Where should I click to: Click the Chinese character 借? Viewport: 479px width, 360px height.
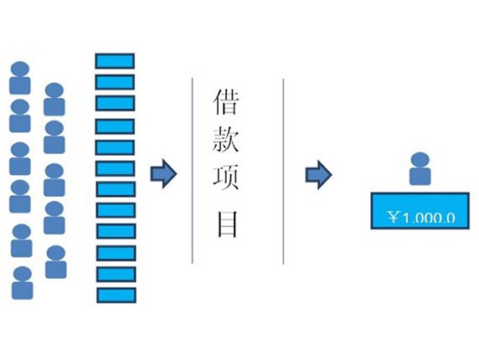coord(226,101)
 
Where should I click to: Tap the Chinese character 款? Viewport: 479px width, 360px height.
coord(226,140)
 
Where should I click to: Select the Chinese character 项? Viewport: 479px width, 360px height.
coord(226,177)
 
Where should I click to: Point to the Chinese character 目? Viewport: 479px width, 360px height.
coord(227,224)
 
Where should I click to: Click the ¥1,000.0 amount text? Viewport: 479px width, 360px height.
coord(422,218)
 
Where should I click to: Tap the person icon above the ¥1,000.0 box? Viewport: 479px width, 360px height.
coord(420,168)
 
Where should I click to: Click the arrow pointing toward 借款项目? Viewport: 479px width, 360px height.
coord(163,174)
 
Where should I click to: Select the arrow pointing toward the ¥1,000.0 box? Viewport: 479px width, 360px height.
coord(318,175)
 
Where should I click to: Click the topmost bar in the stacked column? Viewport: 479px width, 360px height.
coord(115,61)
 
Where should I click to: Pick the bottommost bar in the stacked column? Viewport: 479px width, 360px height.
coord(116,296)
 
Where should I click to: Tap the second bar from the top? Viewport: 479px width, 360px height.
coord(115,82)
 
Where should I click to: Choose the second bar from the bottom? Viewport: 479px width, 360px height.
coord(116,275)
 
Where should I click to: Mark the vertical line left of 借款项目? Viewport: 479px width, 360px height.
coord(192,171)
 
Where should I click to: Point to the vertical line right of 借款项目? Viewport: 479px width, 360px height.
coord(283,172)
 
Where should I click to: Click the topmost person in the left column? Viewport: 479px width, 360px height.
coord(20,78)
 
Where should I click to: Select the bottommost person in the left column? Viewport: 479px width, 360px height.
coord(23,283)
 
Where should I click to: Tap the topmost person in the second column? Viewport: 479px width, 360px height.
coord(54,100)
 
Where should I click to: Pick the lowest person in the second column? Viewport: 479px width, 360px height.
coord(56,262)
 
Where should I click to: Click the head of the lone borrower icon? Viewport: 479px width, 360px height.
coord(420,160)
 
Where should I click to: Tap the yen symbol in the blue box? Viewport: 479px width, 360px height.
coord(394,218)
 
